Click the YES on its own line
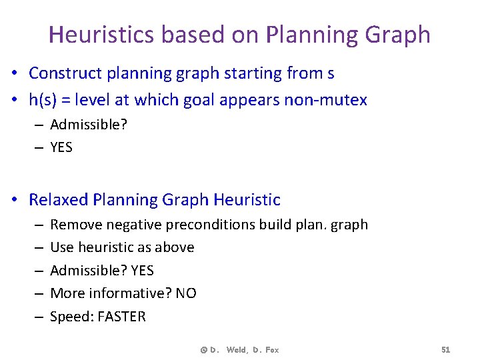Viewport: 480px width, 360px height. tap(61, 147)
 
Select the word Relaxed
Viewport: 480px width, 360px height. tap(59, 199)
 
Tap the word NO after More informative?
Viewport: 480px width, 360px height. tap(186, 293)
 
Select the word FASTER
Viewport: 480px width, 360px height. tap(121, 317)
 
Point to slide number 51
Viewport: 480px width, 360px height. tap(445, 350)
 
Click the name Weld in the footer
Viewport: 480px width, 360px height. tap(236, 350)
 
